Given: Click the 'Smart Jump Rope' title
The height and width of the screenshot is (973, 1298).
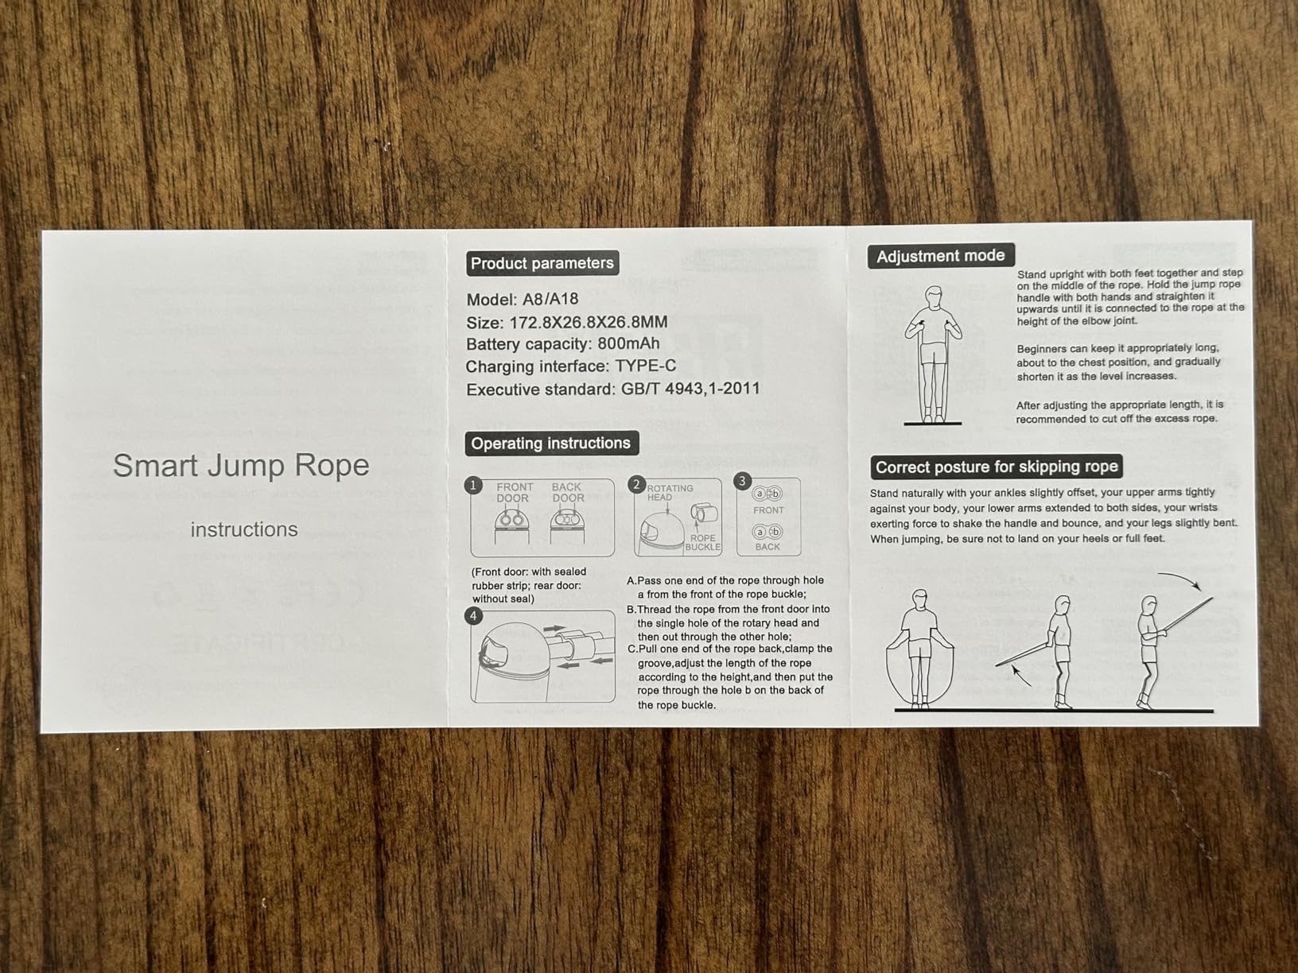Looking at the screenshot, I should tap(241, 466).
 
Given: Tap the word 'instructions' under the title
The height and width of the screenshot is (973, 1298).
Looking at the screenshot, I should tap(244, 530).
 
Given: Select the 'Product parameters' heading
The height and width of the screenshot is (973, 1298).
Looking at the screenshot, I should tap(542, 263).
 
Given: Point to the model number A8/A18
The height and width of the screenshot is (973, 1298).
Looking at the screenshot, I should tap(550, 300).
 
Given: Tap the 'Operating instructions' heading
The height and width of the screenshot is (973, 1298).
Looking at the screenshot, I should tap(550, 444).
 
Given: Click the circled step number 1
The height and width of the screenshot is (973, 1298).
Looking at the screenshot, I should tap(474, 485).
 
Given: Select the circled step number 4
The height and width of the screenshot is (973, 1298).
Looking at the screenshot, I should tap(474, 616).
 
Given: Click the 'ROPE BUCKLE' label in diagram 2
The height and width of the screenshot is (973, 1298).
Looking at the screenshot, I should tap(702, 543).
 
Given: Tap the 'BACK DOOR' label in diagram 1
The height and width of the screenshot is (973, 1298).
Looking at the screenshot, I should tap(568, 493).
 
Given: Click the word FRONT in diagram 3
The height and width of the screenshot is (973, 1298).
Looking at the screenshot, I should tap(768, 510).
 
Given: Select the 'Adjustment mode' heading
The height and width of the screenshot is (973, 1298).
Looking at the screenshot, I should tap(940, 256).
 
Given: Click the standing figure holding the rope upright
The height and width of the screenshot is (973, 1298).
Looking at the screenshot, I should tap(933, 354).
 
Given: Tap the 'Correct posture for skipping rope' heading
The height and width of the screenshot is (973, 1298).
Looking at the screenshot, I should tap(996, 467).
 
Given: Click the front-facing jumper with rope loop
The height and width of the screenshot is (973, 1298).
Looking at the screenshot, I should tap(919, 648).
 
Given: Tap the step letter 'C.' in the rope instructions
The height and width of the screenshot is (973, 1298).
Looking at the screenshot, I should tap(632, 649).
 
